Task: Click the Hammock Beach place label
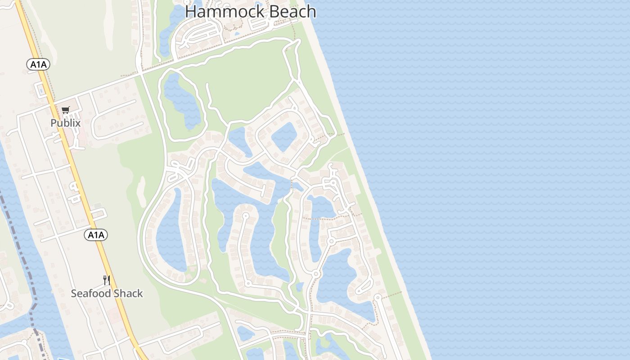(250, 12)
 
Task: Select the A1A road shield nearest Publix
(38, 65)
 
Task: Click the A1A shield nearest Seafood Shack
(96, 234)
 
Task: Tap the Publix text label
(65, 123)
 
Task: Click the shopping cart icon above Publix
(66, 110)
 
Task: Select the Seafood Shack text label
(107, 293)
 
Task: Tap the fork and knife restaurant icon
(107, 280)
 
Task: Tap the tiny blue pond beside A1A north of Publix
(41, 90)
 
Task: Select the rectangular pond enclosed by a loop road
(284, 136)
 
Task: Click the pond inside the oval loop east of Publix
(182, 101)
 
